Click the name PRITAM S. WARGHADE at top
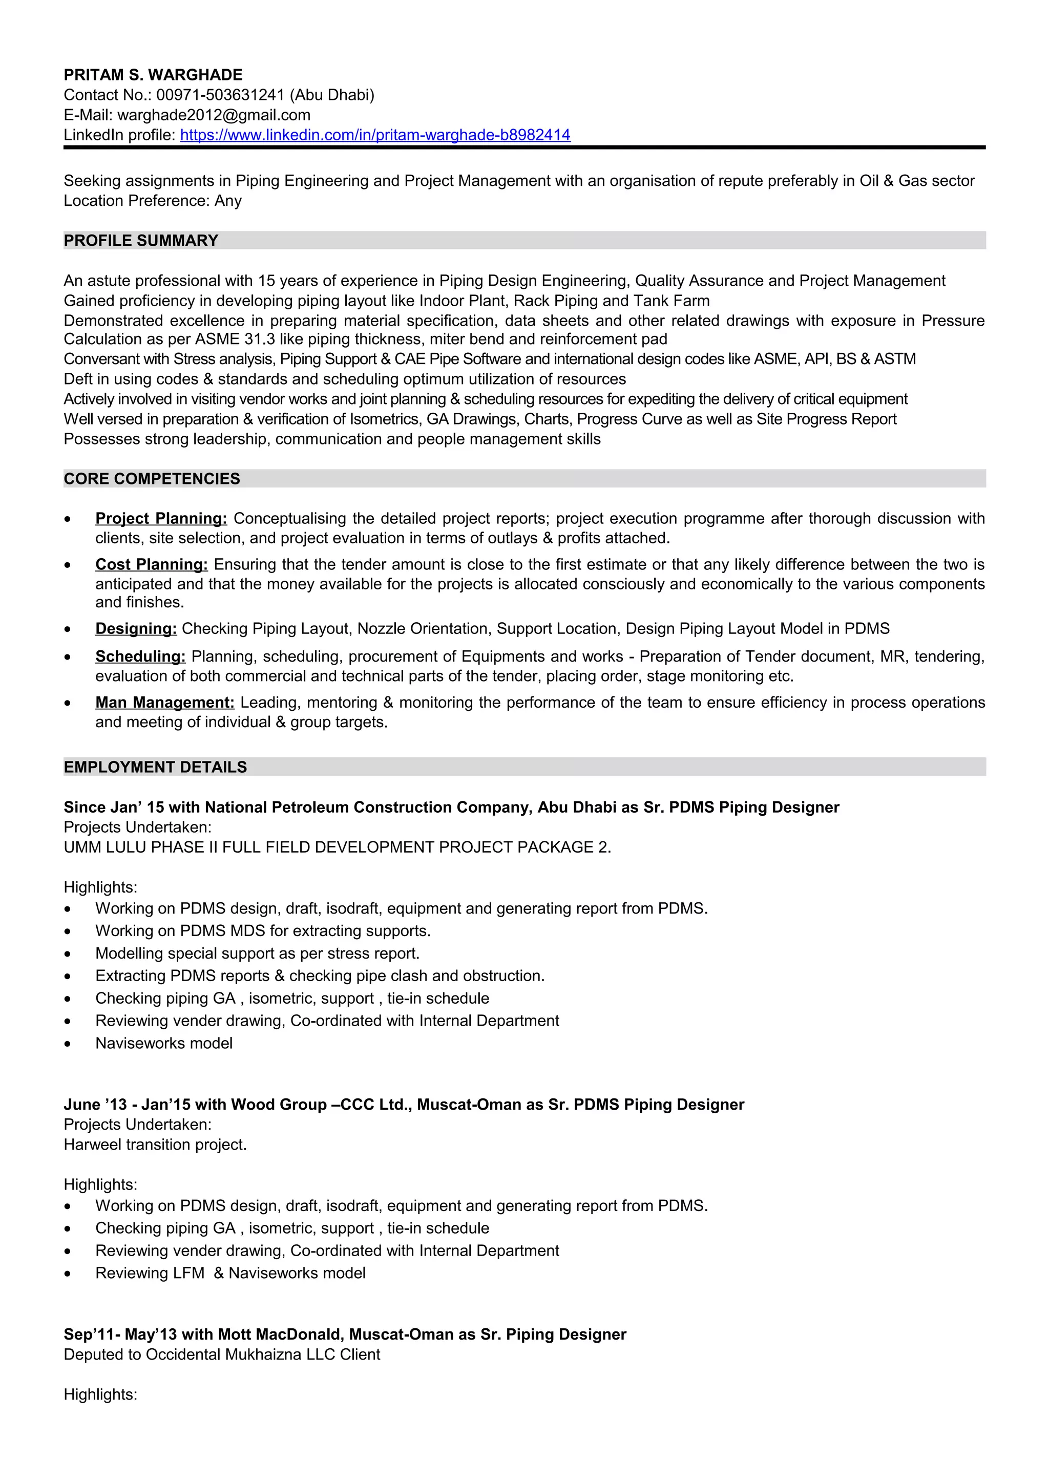click(x=153, y=75)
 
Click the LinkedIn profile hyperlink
click(x=375, y=135)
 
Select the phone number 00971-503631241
click(x=220, y=95)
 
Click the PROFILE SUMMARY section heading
click(x=141, y=241)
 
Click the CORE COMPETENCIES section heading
click(x=152, y=479)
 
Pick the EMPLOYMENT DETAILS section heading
click(x=155, y=767)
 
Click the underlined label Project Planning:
click(x=161, y=518)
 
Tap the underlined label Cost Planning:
click(x=151, y=564)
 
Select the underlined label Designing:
click(x=136, y=628)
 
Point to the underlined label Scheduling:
click(x=140, y=656)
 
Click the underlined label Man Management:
click(x=165, y=702)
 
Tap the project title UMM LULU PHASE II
click(x=337, y=846)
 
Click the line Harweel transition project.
click(x=155, y=1144)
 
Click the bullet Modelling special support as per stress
click(x=257, y=953)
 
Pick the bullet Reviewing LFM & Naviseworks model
click(x=230, y=1273)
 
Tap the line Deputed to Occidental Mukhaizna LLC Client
click(x=222, y=1354)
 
